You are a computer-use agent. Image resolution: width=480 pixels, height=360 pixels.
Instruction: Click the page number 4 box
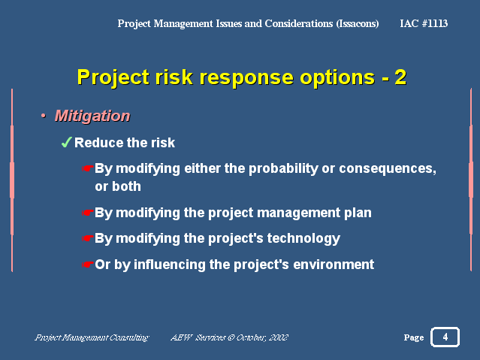click(x=445, y=337)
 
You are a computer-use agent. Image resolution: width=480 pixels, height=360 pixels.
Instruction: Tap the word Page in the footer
click(x=414, y=337)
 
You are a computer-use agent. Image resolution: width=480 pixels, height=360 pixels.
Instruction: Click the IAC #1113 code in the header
click(x=424, y=23)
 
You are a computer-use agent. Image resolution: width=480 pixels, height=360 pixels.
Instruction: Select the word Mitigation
click(x=92, y=116)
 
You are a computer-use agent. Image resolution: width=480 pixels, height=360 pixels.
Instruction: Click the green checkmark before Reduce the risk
click(x=66, y=142)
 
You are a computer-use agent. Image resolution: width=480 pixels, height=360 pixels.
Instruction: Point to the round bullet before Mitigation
click(x=43, y=116)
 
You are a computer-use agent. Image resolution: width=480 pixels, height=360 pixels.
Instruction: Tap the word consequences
click(x=388, y=169)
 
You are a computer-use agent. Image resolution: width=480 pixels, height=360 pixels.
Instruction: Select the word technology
click(x=303, y=239)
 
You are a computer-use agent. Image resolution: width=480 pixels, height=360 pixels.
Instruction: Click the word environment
click(x=334, y=265)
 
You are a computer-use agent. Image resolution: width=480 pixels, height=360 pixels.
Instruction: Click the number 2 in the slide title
click(x=400, y=77)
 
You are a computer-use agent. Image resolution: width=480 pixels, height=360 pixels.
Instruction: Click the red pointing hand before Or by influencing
click(x=88, y=264)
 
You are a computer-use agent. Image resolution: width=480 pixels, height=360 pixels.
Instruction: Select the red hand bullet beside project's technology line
click(x=88, y=238)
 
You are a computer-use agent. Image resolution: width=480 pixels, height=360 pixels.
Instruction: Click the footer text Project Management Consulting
click(x=92, y=337)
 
